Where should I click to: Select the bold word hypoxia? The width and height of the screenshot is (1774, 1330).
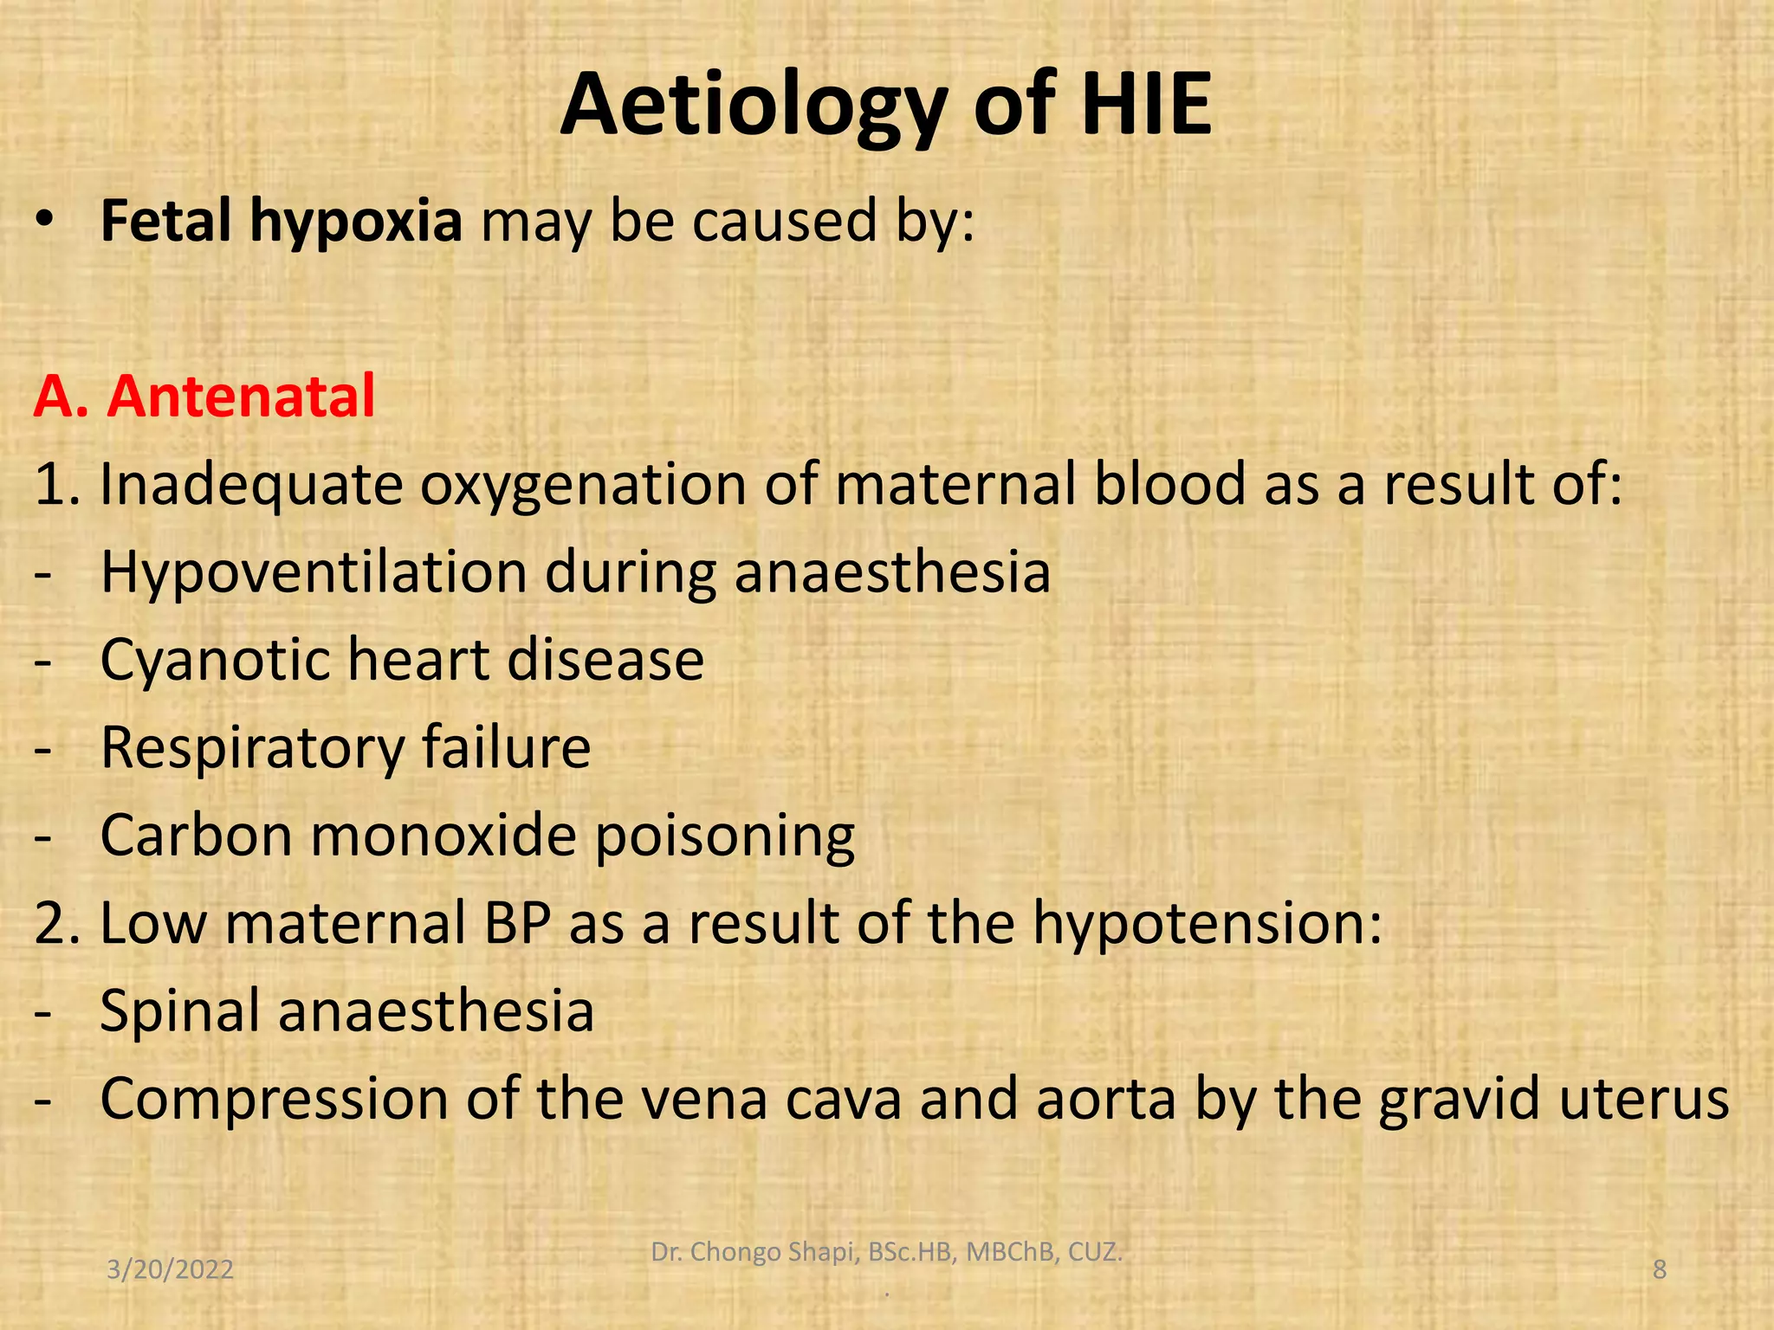pos(356,222)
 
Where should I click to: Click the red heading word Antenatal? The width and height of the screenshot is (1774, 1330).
pos(241,397)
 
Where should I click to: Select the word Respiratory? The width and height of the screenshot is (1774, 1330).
pos(252,747)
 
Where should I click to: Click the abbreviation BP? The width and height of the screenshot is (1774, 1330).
pos(517,922)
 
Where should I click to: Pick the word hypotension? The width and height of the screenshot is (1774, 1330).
pos(1206,924)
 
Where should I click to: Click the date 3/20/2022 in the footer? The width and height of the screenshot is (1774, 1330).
pos(170,1269)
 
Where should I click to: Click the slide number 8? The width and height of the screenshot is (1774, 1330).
pos(1659,1269)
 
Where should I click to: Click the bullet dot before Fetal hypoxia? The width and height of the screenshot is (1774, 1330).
pos(44,222)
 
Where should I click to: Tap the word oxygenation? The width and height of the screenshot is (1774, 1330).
pos(583,485)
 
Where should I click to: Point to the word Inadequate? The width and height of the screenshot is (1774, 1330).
pos(251,485)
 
